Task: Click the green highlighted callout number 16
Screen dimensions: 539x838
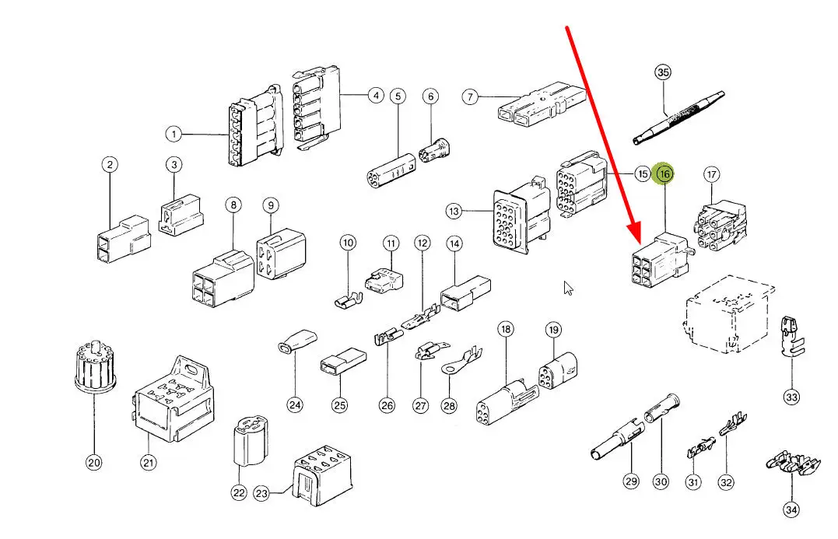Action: pos(664,174)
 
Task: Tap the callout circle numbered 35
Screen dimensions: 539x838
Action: pos(662,73)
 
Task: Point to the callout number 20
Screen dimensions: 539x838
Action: pos(93,464)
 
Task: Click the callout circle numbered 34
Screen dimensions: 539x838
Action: pos(791,510)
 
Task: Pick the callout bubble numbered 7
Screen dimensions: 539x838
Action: pos(470,97)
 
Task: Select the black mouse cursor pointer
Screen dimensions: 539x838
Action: pos(569,289)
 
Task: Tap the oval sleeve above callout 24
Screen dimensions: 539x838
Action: pos(295,343)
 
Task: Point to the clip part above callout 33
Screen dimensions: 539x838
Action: pos(790,337)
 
